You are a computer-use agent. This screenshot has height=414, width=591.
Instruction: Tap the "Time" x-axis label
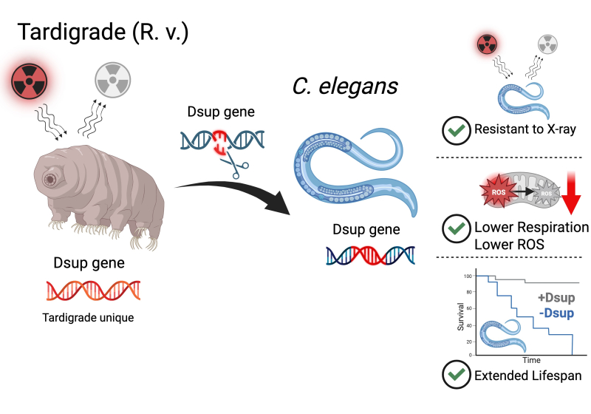(x=532, y=359)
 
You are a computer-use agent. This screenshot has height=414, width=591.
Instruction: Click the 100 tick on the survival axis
(x=467, y=276)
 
